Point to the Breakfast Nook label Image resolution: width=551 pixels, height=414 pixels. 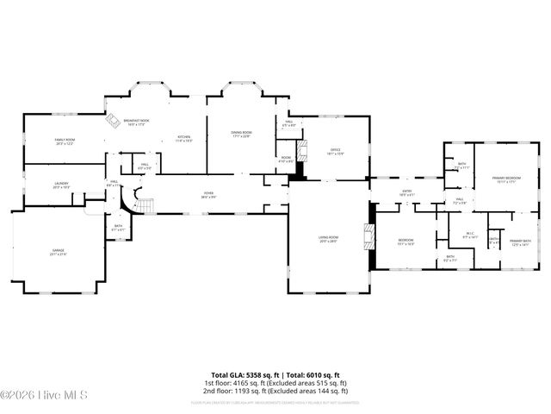[136, 124]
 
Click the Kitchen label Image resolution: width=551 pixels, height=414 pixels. [184, 138]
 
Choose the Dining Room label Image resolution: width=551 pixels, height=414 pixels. [240, 134]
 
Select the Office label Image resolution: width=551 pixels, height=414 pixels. [336, 152]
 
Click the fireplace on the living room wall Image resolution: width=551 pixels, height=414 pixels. [370, 236]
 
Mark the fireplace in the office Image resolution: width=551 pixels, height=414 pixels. [299, 173]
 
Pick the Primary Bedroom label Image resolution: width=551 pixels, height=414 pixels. [504, 179]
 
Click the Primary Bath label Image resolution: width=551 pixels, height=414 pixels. [519, 242]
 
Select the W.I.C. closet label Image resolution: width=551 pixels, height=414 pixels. [470, 234]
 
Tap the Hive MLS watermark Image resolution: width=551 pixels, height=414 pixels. [34, 396]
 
